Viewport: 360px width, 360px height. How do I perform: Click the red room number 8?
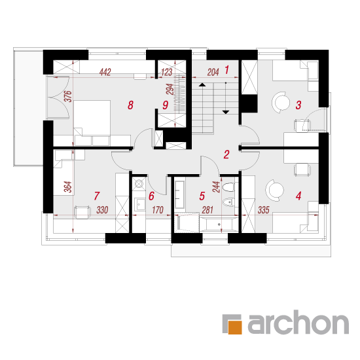(130, 105)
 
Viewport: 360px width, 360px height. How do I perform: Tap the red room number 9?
(166, 105)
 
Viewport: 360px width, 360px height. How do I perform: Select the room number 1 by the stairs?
(227, 70)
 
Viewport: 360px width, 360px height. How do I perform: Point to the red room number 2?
(226, 154)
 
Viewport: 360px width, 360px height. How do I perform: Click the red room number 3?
(298, 105)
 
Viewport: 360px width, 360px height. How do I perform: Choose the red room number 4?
(298, 196)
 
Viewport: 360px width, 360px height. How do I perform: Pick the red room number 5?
(202, 196)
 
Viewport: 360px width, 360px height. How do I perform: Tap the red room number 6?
(151, 196)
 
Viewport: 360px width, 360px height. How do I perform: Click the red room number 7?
(97, 196)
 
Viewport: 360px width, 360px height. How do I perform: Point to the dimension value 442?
(105, 72)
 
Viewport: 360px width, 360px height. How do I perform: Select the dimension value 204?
(213, 72)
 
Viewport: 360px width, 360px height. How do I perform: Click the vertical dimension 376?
(68, 96)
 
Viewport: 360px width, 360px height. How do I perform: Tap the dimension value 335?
(263, 210)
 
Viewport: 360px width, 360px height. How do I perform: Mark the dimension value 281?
(207, 210)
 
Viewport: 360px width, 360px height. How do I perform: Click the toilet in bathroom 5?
(228, 187)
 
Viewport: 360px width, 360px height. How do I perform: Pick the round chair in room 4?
(275, 190)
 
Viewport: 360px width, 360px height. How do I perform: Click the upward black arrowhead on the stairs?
(202, 84)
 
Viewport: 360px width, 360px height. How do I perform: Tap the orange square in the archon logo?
(235, 327)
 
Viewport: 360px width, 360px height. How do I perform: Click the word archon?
(298, 322)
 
